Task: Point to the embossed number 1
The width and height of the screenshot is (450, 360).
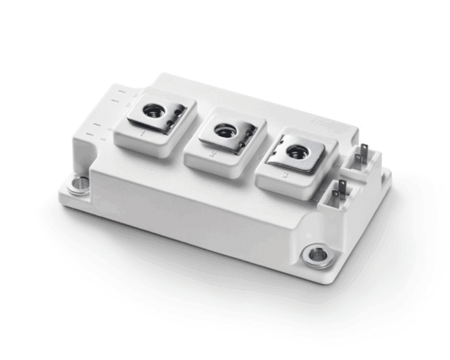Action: pyautogui.click(x=143, y=134)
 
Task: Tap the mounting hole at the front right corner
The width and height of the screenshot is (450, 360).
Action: pyautogui.click(x=316, y=256)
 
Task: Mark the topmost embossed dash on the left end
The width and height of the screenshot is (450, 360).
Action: pyautogui.click(x=121, y=92)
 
